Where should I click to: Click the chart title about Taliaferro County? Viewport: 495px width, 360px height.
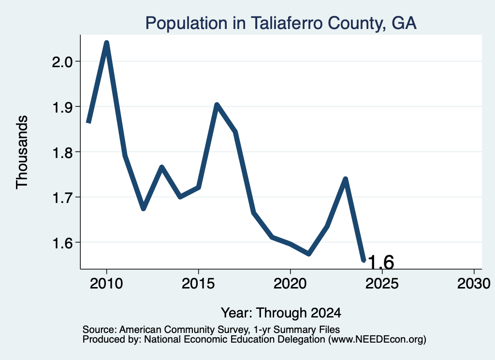(x=281, y=23)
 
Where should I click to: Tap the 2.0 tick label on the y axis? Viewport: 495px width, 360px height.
(x=62, y=62)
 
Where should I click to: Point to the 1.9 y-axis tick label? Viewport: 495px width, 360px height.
(x=62, y=108)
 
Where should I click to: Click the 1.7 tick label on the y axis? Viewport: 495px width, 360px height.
(x=62, y=198)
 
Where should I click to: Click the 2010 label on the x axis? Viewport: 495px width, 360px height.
(x=106, y=284)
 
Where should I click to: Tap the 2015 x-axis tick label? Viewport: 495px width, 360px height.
(x=198, y=284)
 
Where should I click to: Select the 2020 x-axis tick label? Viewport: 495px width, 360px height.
(x=290, y=284)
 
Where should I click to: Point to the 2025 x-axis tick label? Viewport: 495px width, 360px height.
(x=382, y=284)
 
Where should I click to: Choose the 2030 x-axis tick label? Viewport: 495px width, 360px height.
(x=474, y=284)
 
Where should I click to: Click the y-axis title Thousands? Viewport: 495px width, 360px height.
(x=22, y=152)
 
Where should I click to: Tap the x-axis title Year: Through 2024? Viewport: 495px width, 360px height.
(x=281, y=313)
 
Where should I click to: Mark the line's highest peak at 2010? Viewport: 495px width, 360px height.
(x=107, y=43)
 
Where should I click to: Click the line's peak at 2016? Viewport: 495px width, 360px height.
(x=217, y=105)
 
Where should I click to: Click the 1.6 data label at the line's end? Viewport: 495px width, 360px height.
(x=381, y=262)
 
